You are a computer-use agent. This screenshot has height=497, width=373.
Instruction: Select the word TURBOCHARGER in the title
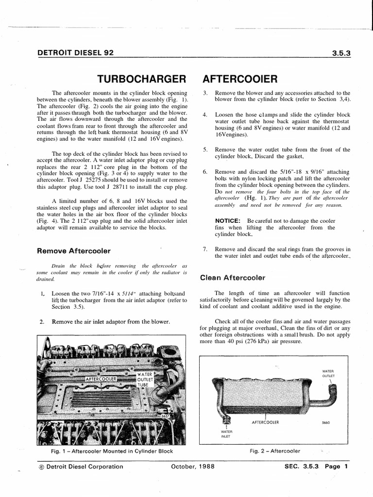point(142,79)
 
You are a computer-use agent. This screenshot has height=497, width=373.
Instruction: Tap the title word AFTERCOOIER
point(240,79)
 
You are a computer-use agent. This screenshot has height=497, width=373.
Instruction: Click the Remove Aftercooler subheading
point(74,251)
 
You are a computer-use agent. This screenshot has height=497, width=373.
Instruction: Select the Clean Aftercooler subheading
point(233,278)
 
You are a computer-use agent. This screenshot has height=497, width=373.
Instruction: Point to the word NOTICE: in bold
point(229,220)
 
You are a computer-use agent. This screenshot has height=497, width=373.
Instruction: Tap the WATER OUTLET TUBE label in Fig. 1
point(145,380)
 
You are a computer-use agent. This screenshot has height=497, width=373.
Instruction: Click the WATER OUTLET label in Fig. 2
point(328,373)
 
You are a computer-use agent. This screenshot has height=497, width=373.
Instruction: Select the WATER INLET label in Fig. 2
point(227,433)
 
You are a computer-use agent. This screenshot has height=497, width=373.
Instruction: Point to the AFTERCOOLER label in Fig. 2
point(265,422)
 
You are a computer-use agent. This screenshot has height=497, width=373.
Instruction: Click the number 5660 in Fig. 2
point(326,422)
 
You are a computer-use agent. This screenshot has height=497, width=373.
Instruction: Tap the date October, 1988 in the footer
point(192,467)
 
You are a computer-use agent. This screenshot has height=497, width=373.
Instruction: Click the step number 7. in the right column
point(205,249)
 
